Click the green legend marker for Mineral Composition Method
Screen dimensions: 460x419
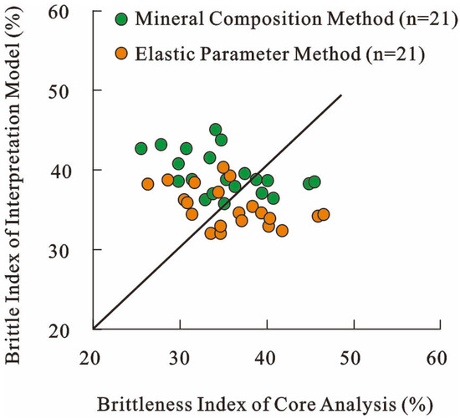[x=121, y=19]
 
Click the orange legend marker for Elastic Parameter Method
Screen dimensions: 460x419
[x=121, y=54]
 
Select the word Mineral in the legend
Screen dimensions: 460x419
[x=169, y=18]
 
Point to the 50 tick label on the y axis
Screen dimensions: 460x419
[x=59, y=91]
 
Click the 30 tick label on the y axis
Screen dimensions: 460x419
[x=59, y=251]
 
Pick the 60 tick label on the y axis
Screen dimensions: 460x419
[x=59, y=12]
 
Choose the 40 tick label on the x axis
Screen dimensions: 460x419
[x=265, y=358]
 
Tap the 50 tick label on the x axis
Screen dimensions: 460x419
[x=350, y=358]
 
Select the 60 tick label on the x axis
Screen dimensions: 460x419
[x=437, y=358]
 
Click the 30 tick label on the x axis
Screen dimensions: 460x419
[x=179, y=358]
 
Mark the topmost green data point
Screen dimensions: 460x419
[x=216, y=130]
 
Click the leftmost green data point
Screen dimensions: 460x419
[x=141, y=149]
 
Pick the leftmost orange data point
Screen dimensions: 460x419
[x=147, y=184]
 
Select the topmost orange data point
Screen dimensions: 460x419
[x=223, y=167]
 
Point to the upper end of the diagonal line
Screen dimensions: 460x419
[x=341, y=95]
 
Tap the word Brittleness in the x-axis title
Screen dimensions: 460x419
[x=146, y=404]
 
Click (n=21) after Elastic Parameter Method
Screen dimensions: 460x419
[x=395, y=54]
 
